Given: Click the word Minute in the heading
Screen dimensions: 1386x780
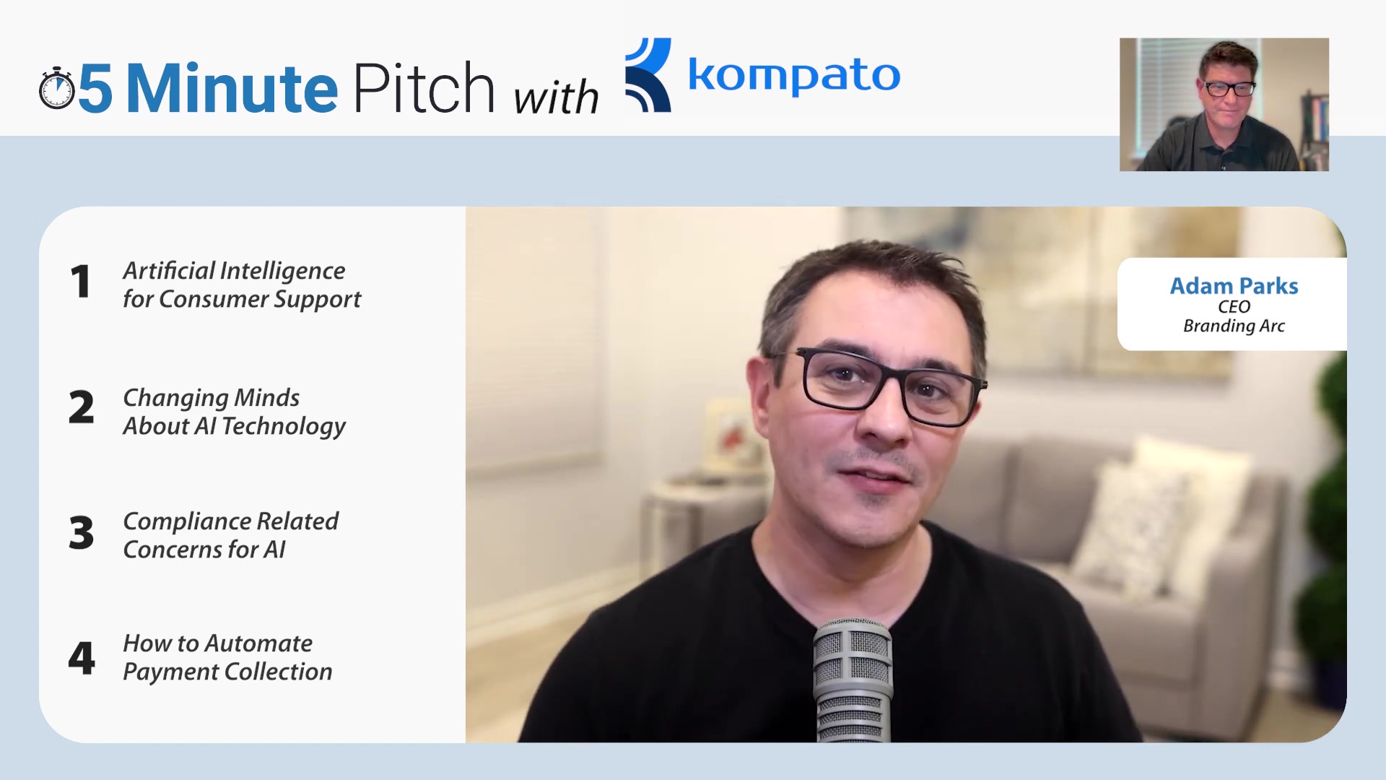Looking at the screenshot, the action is (232, 88).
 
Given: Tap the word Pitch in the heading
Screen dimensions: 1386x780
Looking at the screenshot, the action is (424, 87).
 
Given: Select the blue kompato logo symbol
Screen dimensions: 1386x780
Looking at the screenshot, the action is (648, 75).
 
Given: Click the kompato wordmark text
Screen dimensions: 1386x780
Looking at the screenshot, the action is (794, 75).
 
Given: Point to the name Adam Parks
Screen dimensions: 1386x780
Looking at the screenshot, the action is (1234, 286).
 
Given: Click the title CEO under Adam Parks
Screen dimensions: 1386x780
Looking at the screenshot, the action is (1234, 307).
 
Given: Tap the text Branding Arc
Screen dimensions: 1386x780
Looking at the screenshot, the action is (1234, 326).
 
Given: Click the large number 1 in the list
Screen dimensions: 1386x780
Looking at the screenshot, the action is (81, 282).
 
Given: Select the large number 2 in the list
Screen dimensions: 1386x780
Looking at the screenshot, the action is (82, 407).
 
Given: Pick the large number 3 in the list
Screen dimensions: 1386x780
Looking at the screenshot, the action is (82, 533).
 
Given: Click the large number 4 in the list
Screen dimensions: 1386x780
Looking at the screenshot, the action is (82, 658).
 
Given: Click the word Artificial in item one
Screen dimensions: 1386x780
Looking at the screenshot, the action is (169, 271).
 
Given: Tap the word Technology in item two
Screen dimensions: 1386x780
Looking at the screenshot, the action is (284, 427).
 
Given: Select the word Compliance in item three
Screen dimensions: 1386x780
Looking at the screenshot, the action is (187, 522).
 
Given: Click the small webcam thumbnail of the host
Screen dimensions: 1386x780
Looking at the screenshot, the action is (1224, 105).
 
